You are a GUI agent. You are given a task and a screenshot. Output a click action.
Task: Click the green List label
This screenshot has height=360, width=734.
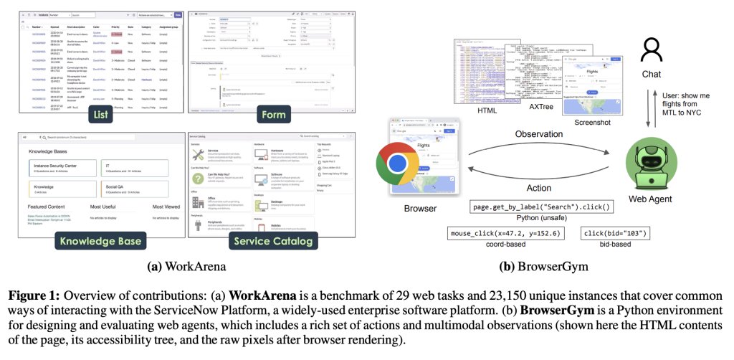click(100, 114)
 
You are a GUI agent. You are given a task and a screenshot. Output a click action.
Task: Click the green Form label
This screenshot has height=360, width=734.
click(273, 114)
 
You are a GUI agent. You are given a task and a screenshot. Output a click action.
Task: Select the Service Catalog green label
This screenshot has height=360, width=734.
click(273, 240)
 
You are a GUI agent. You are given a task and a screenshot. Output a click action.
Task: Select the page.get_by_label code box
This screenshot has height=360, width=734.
click(541, 207)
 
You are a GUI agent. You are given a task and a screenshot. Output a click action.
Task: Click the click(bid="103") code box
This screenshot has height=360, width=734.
click(616, 234)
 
